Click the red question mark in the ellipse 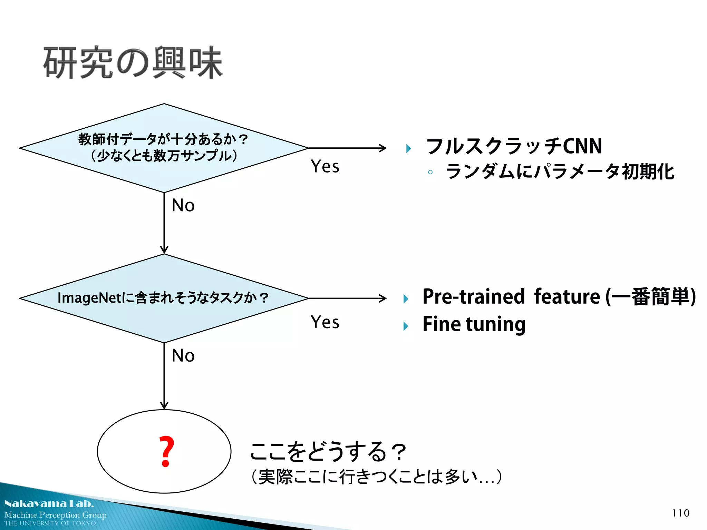[166, 451]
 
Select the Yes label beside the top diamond [325, 166]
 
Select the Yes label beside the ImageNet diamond [325, 322]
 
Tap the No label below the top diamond [183, 205]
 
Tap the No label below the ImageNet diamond [183, 355]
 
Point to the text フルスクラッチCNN [514, 146]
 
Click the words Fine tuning [474, 324]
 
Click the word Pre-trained [473, 297]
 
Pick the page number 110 [680, 513]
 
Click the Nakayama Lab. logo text [49, 504]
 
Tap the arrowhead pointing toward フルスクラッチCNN [383, 148]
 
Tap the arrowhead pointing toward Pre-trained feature [383, 298]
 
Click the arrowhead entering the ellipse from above [164, 405]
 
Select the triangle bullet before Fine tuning [406, 326]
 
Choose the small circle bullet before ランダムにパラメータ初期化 [430, 172]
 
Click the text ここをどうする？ [328, 452]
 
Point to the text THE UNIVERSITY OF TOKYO [50, 523]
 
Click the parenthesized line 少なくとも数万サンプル [164, 156]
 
